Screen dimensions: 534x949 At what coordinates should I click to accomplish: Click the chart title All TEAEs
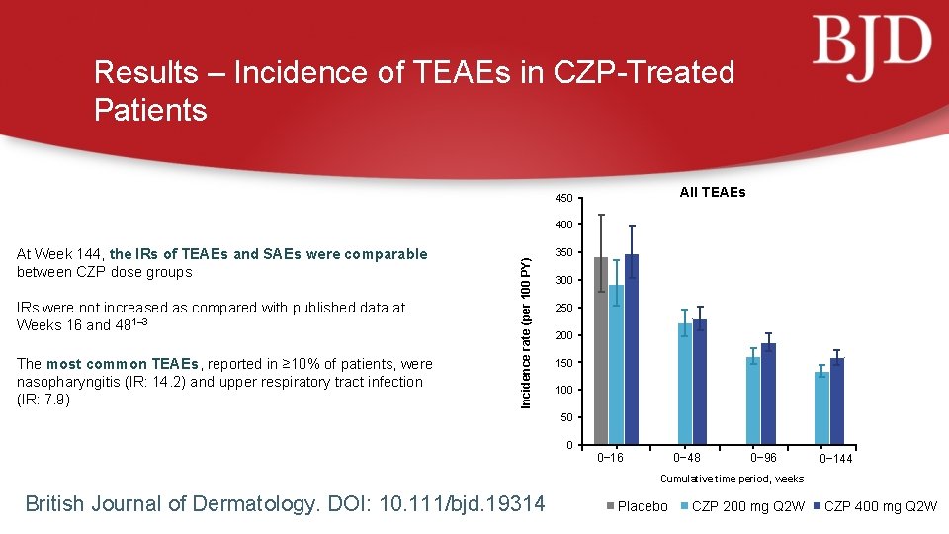click(x=712, y=192)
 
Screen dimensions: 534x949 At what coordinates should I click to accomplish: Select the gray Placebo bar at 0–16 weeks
click(x=601, y=350)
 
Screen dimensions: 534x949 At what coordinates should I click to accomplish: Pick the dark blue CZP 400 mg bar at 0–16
click(x=632, y=348)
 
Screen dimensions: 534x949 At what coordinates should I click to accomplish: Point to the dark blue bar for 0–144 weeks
click(x=837, y=400)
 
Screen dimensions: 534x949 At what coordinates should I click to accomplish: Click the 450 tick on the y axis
click(x=563, y=200)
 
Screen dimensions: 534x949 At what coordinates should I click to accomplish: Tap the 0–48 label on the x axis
click(x=687, y=458)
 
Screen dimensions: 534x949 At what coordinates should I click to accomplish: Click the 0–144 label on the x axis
click(x=835, y=459)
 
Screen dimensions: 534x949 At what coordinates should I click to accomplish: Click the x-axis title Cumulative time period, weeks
click(x=732, y=479)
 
